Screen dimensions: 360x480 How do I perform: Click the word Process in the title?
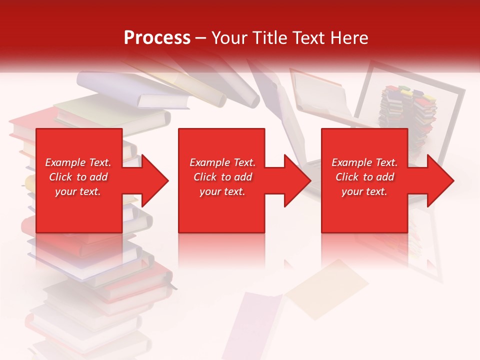tap(157, 38)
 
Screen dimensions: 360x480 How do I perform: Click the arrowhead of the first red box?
tap(154, 180)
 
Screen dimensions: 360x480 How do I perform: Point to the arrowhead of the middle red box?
tap(296, 180)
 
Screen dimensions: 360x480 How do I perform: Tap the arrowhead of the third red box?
tap(439, 180)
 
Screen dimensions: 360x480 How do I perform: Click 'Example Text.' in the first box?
tap(78, 162)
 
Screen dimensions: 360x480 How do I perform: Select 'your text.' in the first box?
tap(78, 191)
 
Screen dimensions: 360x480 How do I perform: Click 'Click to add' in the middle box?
tap(222, 177)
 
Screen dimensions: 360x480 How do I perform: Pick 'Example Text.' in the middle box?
tap(222, 162)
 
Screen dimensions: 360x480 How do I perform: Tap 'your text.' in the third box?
tap(364, 191)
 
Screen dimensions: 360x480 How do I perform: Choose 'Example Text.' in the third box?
tap(364, 162)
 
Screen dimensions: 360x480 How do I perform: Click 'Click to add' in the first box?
tap(78, 177)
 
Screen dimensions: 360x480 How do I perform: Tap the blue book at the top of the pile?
tap(135, 90)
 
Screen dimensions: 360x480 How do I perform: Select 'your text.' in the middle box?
tap(222, 191)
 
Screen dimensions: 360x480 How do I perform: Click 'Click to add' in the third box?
tap(364, 177)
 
